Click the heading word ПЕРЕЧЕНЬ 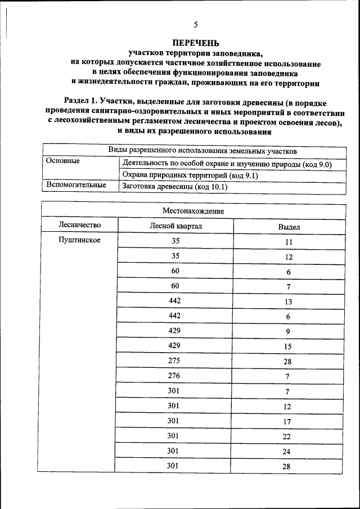click(196, 43)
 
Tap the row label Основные click(62, 161)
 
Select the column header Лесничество click(79, 225)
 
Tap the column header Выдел click(289, 227)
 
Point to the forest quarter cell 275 click(174, 361)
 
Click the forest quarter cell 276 click(174, 375)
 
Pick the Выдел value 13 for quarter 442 click(289, 302)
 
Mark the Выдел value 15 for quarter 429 click(289, 346)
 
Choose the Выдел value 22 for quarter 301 click(289, 436)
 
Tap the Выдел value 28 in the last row click(289, 466)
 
